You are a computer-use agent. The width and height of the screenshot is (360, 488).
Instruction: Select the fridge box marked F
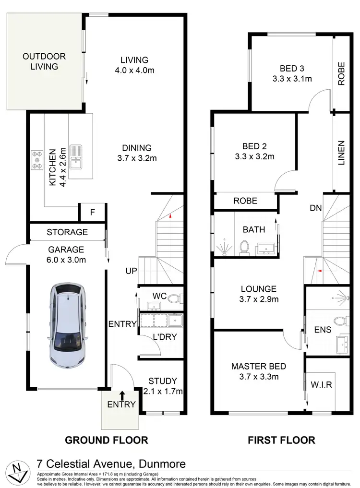click(x=93, y=212)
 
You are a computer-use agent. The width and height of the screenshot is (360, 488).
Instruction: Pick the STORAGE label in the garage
click(x=67, y=232)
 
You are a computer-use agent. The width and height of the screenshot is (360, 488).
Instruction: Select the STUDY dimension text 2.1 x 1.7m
click(x=164, y=392)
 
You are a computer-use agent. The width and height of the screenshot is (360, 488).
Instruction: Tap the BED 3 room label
click(x=292, y=68)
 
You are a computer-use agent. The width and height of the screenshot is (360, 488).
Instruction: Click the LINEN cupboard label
click(x=341, y=153)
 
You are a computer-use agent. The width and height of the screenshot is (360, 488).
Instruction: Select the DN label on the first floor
click(x=315, y=208)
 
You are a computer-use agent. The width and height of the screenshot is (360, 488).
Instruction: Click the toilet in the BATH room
click(x=244, y=247)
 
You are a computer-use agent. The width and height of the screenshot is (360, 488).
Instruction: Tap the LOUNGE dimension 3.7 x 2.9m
click(x=259, y=299)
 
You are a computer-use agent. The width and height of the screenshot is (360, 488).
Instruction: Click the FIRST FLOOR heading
click(x=281, y=440)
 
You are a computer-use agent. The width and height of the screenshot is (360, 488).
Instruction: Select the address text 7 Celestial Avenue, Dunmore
click(x=111, y=464)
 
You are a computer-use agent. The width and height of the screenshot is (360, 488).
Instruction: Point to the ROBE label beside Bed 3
click(x=341, y=73)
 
